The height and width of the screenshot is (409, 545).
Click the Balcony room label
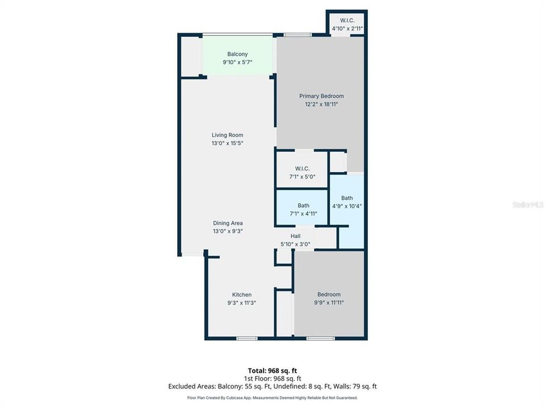click(237, 55)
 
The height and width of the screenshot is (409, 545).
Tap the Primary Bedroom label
click(321, 96)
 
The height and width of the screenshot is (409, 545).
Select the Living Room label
click(227, 135)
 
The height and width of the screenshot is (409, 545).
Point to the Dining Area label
click(228, 223)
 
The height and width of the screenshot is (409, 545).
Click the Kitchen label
click(242, 295)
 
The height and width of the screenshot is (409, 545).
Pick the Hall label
click(295, 236)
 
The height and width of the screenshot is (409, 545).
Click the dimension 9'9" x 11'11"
click(329, 303)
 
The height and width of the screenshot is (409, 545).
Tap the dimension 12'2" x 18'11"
click(321, 104)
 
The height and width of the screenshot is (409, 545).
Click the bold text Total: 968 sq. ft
click(272, 371)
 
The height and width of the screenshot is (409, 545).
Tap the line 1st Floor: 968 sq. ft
click(272, 378)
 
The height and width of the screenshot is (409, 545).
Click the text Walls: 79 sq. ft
click(355, 386)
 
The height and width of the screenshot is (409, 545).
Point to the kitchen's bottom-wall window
click(247, 338)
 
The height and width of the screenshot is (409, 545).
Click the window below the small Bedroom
click(320, 338)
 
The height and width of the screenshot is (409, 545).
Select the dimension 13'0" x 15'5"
click(227, 143)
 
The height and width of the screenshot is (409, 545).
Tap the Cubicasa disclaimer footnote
click(272, 398)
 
